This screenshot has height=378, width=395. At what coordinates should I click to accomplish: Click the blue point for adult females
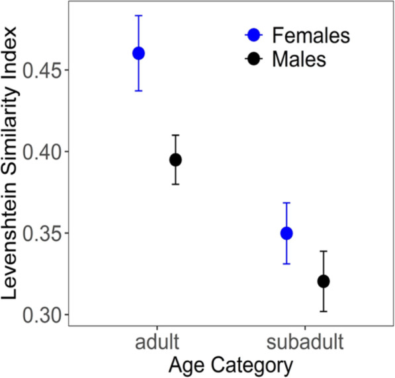coord(138,53)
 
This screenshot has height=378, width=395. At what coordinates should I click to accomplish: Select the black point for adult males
coord(175,159)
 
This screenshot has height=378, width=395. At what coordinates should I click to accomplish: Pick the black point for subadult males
coord(324,281)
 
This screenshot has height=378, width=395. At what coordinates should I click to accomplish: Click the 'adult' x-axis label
coord(156,342)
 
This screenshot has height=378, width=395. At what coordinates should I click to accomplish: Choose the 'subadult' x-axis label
coord(305,342)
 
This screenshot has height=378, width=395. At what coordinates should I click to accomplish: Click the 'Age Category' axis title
coord(231,364)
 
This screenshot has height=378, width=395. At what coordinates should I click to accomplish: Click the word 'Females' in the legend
coord(309,35)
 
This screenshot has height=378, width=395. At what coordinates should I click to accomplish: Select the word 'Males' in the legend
coord(299,59)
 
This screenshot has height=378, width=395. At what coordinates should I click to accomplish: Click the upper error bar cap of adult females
coord(138,15)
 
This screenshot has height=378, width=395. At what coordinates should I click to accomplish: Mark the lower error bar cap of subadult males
coord(324,311)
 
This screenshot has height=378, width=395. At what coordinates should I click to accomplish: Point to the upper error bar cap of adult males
coord(175,135)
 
